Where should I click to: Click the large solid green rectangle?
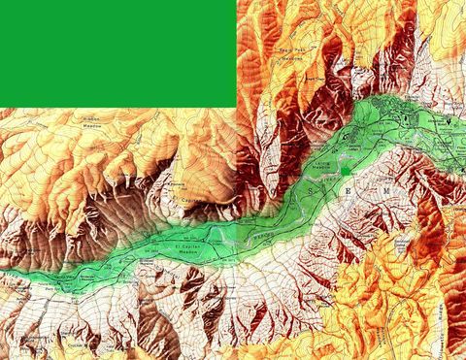[116, 51]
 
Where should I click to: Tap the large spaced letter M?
[385, 193]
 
